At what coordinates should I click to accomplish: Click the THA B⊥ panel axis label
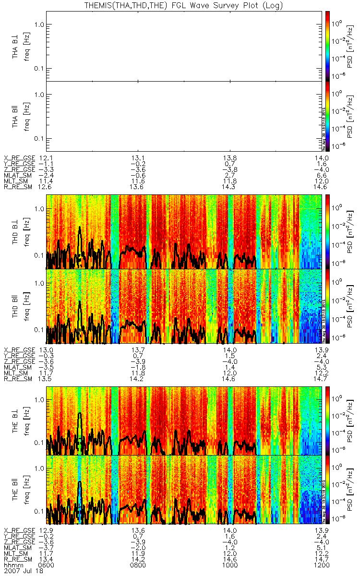(16, 46)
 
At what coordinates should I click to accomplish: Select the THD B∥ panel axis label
(16, 306)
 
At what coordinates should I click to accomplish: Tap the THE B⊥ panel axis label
(16, 418)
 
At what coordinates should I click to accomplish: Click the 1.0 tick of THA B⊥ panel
(40, 24)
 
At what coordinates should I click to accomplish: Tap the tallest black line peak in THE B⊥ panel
(80, 413)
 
